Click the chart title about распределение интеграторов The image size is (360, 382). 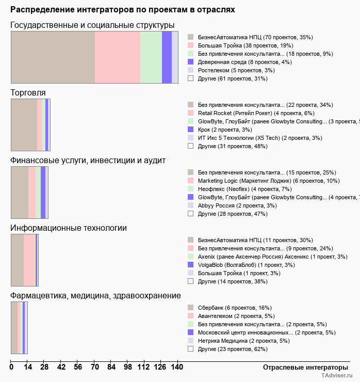(123, 10)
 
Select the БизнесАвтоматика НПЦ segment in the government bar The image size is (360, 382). (53, 57)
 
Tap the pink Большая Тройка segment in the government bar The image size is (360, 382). (118, 57)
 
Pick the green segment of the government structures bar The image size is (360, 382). (151, 57)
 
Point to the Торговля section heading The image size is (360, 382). (28, 93)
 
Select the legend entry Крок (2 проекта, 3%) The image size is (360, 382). (224, 130)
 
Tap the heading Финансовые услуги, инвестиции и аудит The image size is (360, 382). (88, 161)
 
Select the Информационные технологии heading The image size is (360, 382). (69, 228)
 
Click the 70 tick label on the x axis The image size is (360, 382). (94, 367)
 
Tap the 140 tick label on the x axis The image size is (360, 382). (177, 367)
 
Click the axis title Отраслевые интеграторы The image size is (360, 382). (302, 367)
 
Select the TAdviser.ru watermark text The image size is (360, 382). (337, 376)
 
